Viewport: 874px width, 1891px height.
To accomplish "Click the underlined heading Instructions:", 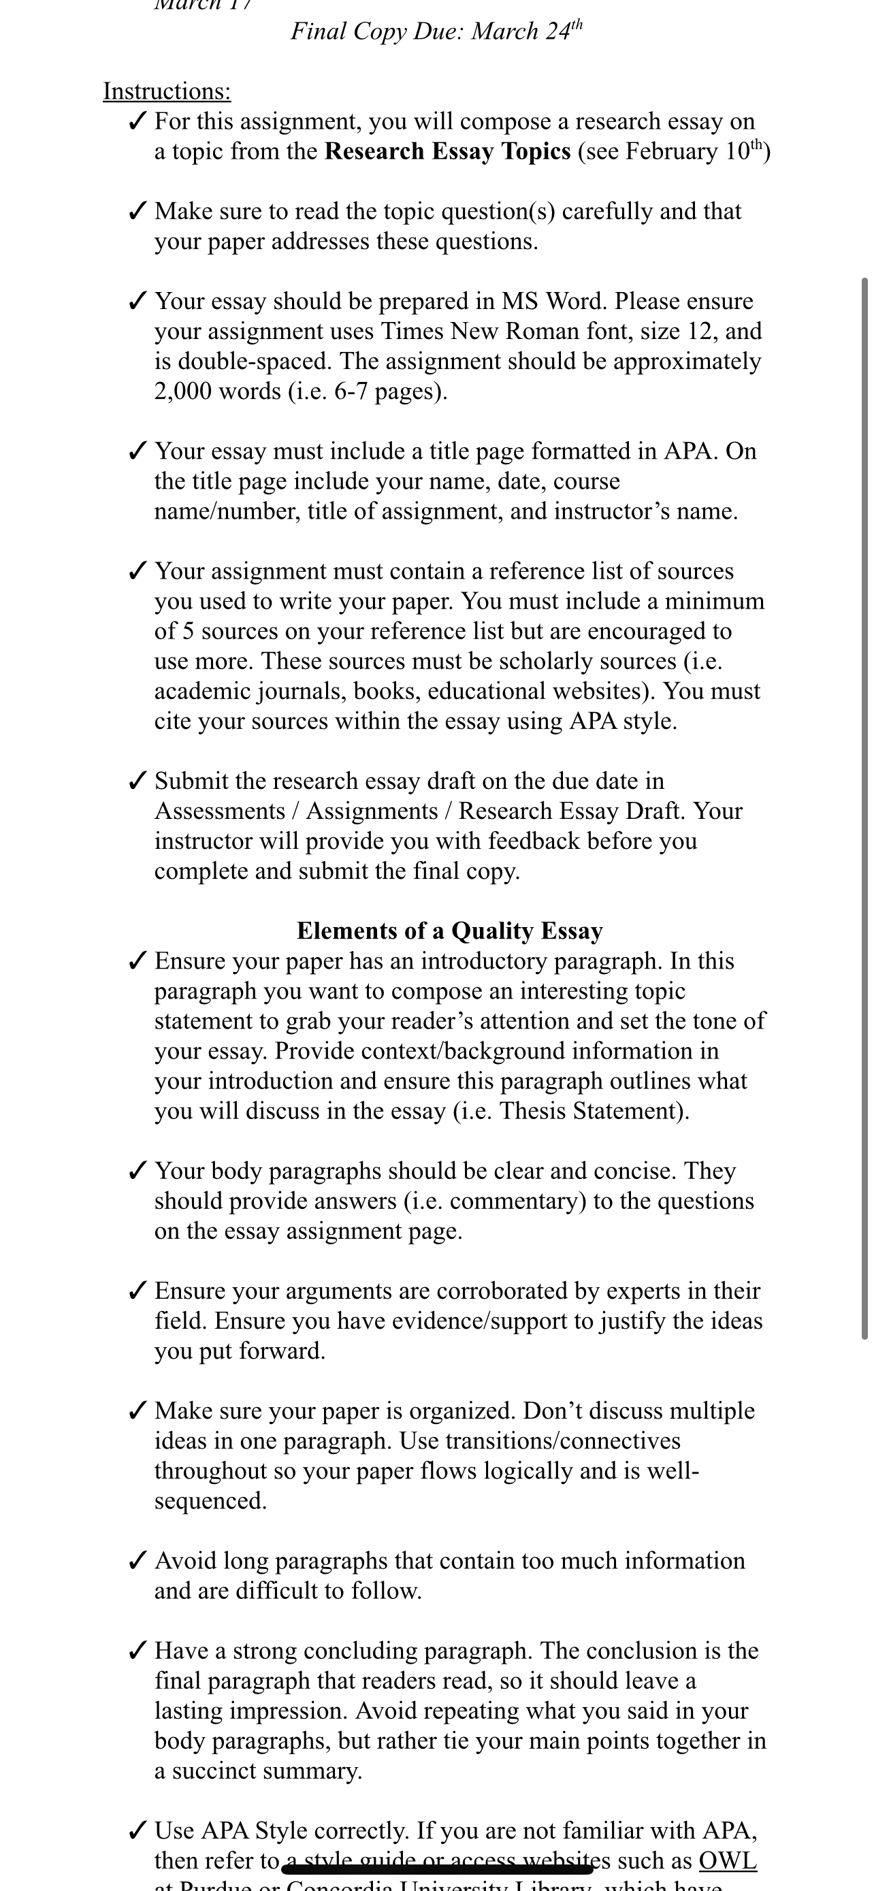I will [x=167, y=91].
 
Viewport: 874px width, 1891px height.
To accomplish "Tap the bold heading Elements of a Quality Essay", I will [x=449, y=931].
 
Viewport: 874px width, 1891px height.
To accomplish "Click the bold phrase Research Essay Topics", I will [x=448, y=151].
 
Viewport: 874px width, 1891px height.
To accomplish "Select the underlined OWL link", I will [x=727, y=1860].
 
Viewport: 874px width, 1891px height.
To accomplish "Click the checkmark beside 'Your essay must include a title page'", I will [x=137, y=451].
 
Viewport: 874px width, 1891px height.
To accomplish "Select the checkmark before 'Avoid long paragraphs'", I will [x=137, y=1561].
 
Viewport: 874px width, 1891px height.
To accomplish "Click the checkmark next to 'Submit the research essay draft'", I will [x=137, y=781].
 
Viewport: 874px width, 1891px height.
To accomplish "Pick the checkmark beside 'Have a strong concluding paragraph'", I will [x=137, y=1651].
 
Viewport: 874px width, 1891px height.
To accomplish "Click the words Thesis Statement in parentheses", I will [x=592, y=1111].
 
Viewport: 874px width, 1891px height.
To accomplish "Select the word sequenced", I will [x=209, y=1500].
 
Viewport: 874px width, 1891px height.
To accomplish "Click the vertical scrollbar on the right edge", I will [x=864, y=807].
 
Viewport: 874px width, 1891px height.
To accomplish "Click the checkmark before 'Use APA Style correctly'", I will [x=137, y=1831].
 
